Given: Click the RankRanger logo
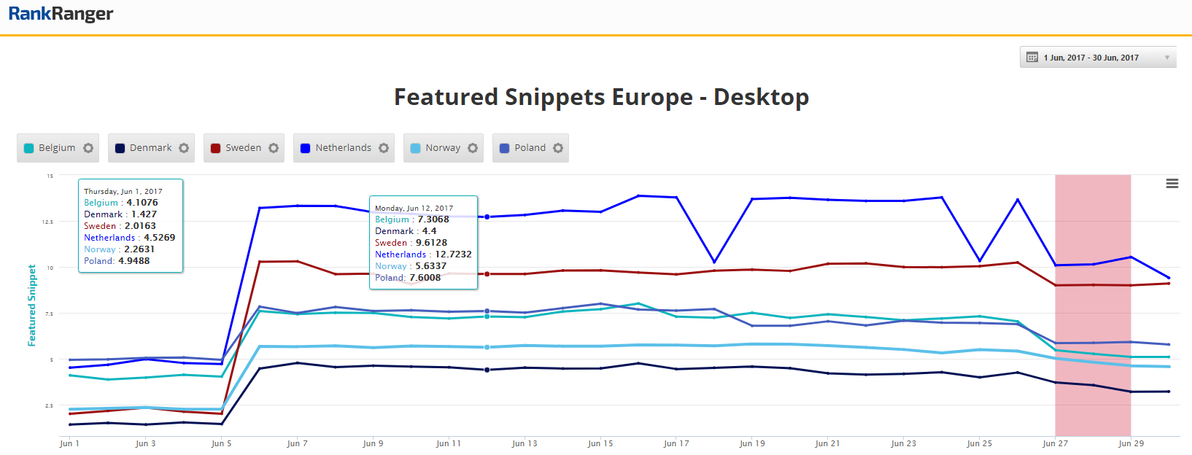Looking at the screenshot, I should [x=61, y=14].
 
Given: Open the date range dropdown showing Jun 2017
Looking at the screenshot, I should [x=1097, y=58].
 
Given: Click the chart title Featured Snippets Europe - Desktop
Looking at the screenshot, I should [x=601, y=97].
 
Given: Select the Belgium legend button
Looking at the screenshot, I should [x=56, y=148].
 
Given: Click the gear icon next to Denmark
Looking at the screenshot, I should [x=184, y=148].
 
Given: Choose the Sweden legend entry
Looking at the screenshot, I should [x=242, y=148].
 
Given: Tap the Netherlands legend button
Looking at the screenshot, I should [x=342, y=148].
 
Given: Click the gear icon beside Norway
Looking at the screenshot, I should [x=473, y=148].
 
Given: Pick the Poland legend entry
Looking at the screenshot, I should [x=529, y=148].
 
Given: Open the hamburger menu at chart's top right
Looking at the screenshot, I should [x=1172, y=184].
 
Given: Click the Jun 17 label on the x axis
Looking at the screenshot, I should [x=676, y=443].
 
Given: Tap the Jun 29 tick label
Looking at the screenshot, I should [x=1131, y=443].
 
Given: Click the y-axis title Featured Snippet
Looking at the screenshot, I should [x=32, y=305].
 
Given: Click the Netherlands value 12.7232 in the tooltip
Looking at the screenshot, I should [x=453, y=254].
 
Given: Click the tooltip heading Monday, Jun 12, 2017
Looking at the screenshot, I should [x=414, y=208].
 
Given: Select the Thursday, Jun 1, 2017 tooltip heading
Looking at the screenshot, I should [x=123, y=191].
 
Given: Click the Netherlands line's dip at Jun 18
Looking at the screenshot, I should [x=714, y=262].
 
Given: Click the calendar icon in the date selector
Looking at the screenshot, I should [x=1032, y=58].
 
